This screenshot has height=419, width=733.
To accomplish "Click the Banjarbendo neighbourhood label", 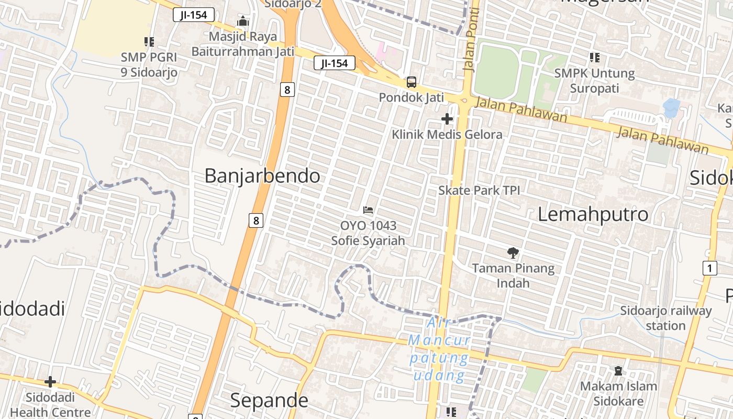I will pos(262,175).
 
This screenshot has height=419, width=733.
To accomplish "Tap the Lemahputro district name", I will pos(593,214).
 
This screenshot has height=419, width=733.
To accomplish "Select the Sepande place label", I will pos(269,401).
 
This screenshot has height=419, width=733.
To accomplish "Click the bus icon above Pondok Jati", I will pos(412,82).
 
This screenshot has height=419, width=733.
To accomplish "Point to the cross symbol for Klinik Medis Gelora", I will pos(447,119).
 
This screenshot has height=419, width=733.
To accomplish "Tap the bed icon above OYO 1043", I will pos(368,210).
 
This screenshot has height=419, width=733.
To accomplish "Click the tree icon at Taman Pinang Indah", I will pos(513,253).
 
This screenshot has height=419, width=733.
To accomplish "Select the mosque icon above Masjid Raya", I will pos(242,22).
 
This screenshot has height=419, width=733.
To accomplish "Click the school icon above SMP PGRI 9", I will pos(149,42).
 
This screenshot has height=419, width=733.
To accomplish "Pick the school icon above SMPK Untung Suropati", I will pos(594,58).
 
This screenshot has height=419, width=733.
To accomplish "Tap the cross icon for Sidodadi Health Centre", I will pos(50,382).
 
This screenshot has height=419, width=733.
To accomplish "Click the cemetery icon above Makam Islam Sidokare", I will pos(618,371).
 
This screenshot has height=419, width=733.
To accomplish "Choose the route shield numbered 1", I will pos(709,269).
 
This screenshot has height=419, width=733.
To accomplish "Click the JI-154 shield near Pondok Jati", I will pos(335,63).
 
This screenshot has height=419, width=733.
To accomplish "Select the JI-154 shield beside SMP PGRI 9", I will pos(194,15).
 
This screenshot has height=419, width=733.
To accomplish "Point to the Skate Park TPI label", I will pos(479,190).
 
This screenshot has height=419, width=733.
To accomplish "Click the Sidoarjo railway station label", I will pos(666,318).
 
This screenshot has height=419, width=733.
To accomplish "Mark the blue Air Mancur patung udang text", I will pos(439,349).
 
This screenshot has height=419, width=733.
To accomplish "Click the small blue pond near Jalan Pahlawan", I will pos(671,107).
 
